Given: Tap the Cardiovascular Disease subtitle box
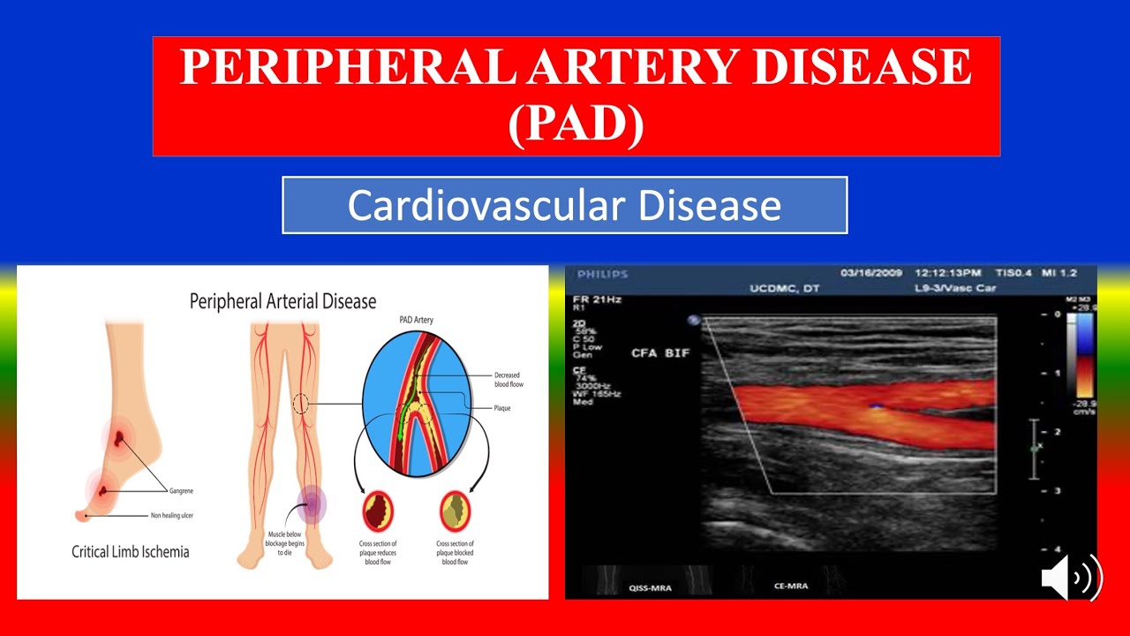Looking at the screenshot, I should tap(564, 205).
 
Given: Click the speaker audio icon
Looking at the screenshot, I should tap(1071, 579).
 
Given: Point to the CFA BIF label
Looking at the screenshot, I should tap(660, 353).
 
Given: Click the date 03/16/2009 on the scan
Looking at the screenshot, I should tap(870, 273).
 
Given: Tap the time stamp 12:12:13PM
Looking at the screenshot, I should tap(950, 273).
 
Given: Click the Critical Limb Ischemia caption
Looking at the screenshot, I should tap(130, 552).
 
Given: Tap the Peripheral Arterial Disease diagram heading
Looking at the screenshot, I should tap(282, 302).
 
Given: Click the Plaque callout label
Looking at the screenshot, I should tap(502, 408).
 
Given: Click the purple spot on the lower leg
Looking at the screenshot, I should tap(312, 504).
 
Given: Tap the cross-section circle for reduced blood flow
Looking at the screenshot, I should tap(380, 511).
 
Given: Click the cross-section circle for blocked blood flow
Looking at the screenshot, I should tap(456, 511).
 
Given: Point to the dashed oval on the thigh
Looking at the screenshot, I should tap(300, 405).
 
